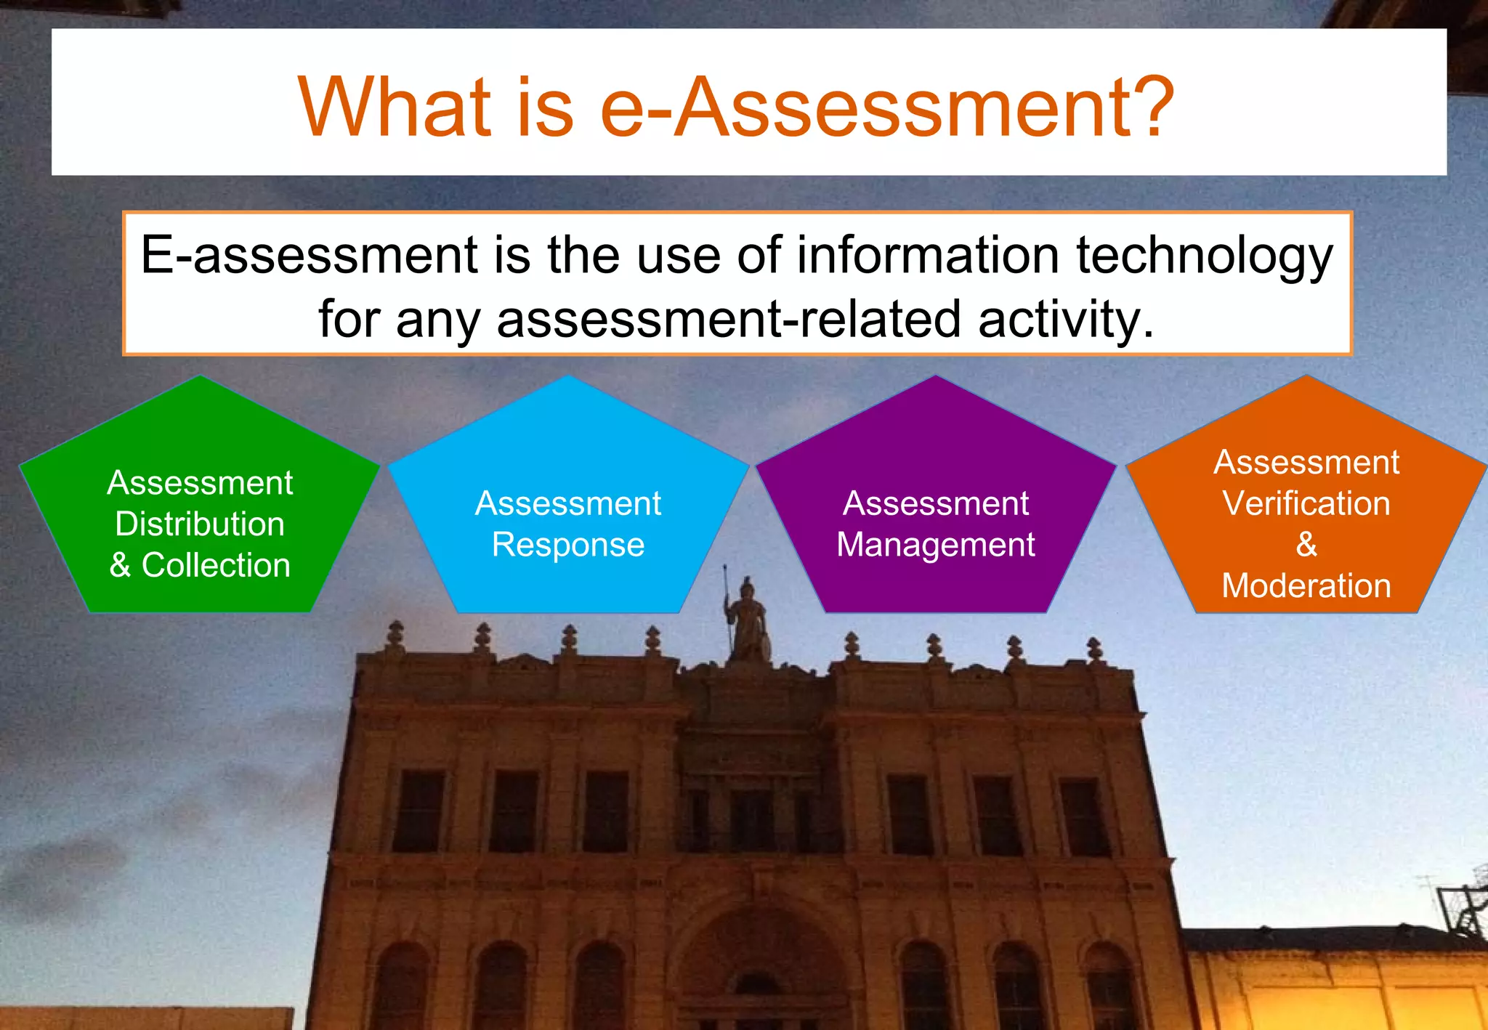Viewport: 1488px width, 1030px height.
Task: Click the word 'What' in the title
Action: click(x=395, y=107)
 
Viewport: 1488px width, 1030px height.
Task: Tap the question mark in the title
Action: click(x=1146, y=107)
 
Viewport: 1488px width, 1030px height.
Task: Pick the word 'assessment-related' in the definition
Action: click(x=729, y=319)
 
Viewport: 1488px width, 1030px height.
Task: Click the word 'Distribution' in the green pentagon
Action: click(x=200, y=524)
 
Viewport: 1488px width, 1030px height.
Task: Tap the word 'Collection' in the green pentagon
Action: click(x=216, y=565)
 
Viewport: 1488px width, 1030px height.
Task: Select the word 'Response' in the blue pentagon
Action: click(x=568, y=545)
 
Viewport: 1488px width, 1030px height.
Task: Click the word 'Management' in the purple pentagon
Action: click(x=936, y=545)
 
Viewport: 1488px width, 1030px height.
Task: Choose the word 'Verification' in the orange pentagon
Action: click(x=1306, y=503)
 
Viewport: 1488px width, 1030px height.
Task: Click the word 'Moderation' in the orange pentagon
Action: click(x=1306, y=585)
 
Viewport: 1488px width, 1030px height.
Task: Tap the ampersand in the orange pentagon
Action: click(x=1306, y=544)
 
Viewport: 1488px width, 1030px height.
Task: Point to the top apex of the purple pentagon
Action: click(x=936, y=376)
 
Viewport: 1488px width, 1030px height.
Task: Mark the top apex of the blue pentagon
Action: click(x=568, y=376)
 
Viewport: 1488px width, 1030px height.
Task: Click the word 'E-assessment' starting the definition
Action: click(x=309, y=255)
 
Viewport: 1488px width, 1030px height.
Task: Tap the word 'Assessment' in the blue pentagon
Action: click(x=568, y=503)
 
